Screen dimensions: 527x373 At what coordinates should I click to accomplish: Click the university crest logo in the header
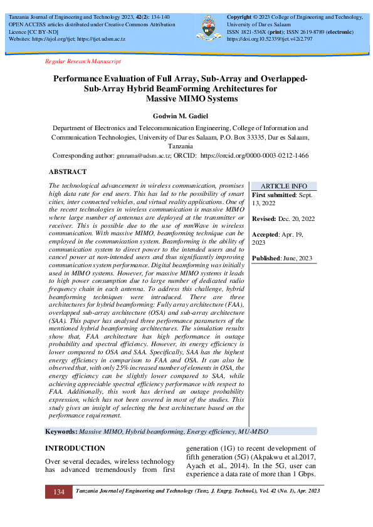[x=209, y=26]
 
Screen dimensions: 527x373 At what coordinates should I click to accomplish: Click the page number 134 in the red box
[x=58, y=492]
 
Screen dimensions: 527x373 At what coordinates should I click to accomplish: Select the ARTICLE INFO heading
[x=283, y=186]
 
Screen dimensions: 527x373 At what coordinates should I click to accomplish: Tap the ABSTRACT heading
[x=68, y=171]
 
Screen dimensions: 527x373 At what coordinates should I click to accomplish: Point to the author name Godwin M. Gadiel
[x=187, y=116]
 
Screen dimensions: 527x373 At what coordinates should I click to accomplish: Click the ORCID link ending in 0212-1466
[x=254, y=155]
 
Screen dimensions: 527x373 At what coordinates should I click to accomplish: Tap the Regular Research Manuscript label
[x=83, y=61]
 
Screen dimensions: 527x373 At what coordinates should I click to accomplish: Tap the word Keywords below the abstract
[x=61, y=432]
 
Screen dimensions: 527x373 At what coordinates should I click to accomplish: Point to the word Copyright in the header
[x=239, y=16]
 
